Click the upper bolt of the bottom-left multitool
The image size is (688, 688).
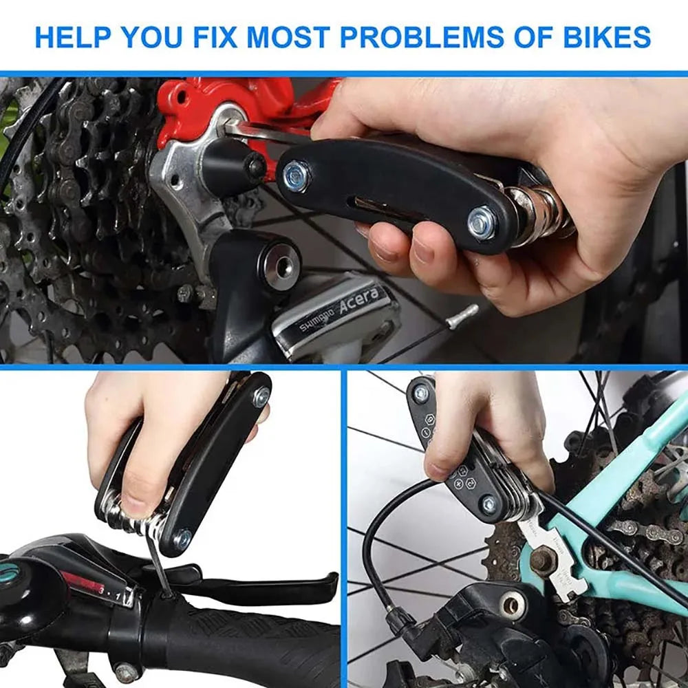tap(261, 396)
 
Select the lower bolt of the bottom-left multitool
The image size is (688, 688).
tap(182, 539)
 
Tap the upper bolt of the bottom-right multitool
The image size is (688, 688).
tap(420, 394)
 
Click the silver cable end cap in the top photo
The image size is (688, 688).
tap(462, 314)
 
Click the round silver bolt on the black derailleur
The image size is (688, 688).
tap(513, 605)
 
